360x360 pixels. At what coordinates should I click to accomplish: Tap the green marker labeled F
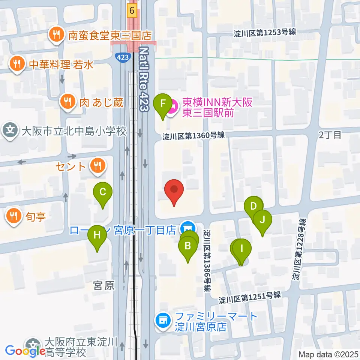[163, 103]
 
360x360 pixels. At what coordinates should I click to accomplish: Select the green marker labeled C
[103, 193]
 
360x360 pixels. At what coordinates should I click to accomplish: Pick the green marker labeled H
[97, 236]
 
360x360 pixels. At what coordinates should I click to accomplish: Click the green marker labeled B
[188, 247]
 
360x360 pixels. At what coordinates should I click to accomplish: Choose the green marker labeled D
[253, 206]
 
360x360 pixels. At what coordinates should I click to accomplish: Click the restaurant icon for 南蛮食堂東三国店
[57, 35]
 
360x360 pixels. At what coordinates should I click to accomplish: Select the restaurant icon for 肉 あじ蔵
[67, 102]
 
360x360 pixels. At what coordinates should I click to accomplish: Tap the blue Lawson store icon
[186, 227]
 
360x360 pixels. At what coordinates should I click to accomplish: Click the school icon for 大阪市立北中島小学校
[10, 131]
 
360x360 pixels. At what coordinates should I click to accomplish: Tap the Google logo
[25, 351]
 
